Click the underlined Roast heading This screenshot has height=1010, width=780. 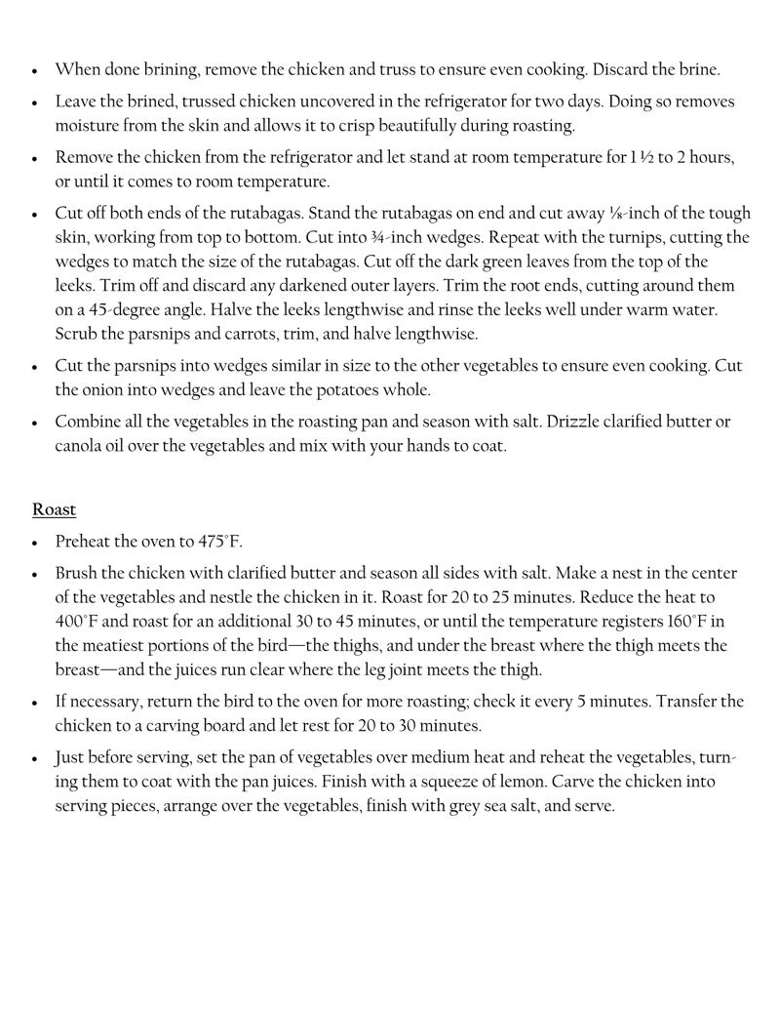[x=54, y=509]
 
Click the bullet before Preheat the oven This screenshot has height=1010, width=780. [x=35, y=543]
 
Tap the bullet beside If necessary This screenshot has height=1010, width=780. [x=35, y=702]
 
